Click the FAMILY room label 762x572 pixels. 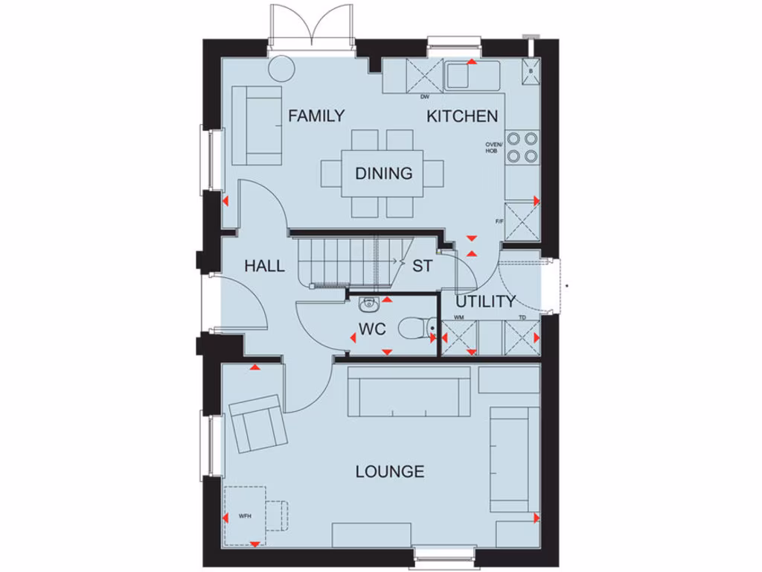pos(316,115)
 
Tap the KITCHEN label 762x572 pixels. pos(461,116)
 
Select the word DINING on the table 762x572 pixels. pos(383,174)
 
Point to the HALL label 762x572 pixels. pos(264,266)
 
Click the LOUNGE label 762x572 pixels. pos(390,471)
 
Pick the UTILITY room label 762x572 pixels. pos(485,302)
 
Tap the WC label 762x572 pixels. pos(371,328)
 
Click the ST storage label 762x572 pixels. pos(422,266)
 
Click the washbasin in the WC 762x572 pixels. pos(369,303)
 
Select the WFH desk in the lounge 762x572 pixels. pos(245,515)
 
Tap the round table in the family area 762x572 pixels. pos(281,69)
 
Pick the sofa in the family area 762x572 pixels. pos(257,125)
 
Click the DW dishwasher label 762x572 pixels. pos(425,97)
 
